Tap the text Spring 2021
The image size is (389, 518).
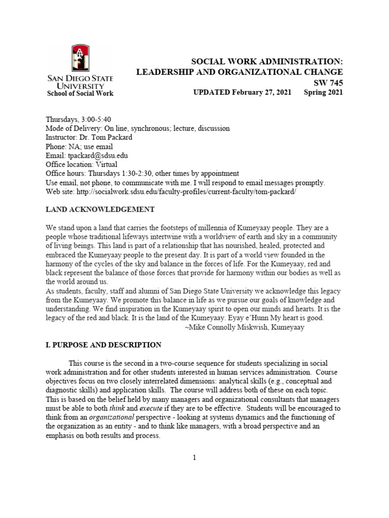(x=323, y=93)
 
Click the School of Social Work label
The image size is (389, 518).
(x=80, y=93)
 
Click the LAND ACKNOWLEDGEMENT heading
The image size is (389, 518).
(x=100, y=210)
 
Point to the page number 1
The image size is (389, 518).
(x=194, y=458)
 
